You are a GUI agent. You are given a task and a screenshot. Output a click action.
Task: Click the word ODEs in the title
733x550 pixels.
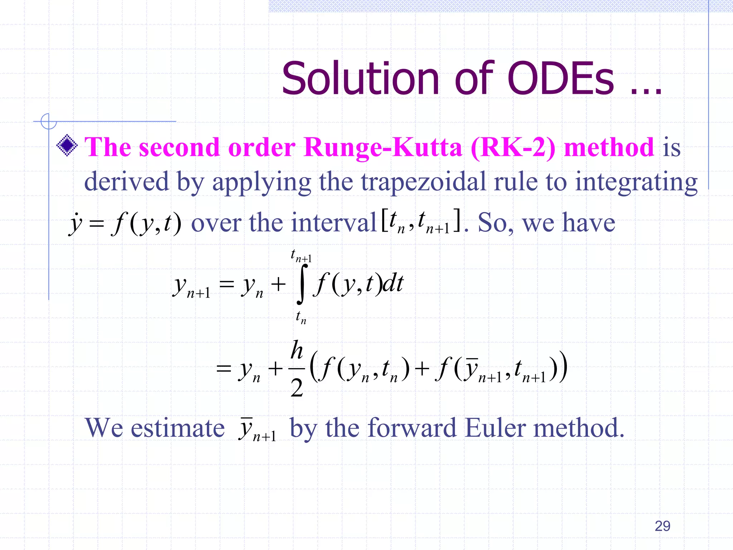[x=560, y=79]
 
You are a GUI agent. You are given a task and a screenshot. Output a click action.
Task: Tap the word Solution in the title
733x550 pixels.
[x=360, y=79]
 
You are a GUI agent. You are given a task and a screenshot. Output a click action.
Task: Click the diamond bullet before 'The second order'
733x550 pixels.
[x=67, y=145]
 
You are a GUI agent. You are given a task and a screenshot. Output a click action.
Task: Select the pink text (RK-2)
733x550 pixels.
[x=513, y=148]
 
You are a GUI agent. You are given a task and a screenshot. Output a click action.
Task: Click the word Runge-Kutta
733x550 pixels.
[x=383, y=148]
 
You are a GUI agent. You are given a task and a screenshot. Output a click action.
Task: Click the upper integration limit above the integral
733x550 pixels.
[x=301, y=256]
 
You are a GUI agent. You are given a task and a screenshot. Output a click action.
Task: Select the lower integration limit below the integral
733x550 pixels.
[x=301, y=317]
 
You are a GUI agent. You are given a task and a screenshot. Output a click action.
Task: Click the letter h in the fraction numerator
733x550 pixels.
[x=297, y=350]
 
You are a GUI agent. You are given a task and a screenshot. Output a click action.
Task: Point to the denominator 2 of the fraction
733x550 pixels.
[x=297, y=388]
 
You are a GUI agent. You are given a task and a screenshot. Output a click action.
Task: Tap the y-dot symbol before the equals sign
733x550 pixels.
[x=76, y=224]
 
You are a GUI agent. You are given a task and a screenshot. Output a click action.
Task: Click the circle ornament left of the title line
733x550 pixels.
[x=49, y=121]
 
